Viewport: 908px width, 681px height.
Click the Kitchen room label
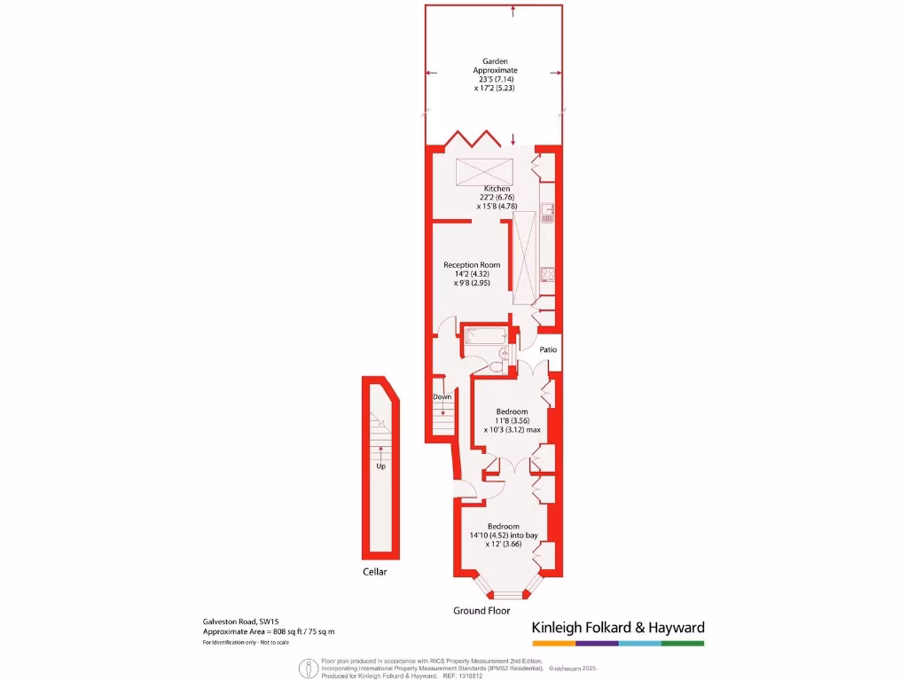(x=497, y=189)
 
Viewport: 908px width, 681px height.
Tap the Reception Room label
(x=472, y=265)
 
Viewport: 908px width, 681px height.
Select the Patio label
(x=549, y=350)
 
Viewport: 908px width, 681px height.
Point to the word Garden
(x=495, y=61)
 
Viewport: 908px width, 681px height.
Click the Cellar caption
(x=375, y=572)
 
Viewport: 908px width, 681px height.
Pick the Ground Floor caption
(x=481, y=611)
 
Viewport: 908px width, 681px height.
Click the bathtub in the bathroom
(x=484, y=336)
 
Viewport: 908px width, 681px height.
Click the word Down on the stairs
(x=442, y=397)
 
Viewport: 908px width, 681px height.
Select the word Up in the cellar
(x=381, y=466)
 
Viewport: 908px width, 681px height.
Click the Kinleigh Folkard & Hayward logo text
(x=617, y=628)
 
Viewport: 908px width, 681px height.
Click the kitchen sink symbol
(x=548, y=213)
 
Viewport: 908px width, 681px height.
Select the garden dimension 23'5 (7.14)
(x=495, y=79)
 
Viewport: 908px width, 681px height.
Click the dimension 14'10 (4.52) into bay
(x=504, y=536)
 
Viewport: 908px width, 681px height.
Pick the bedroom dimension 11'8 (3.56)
(x=512, y=420)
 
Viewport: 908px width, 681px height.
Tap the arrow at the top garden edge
(x=513, y=12)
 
